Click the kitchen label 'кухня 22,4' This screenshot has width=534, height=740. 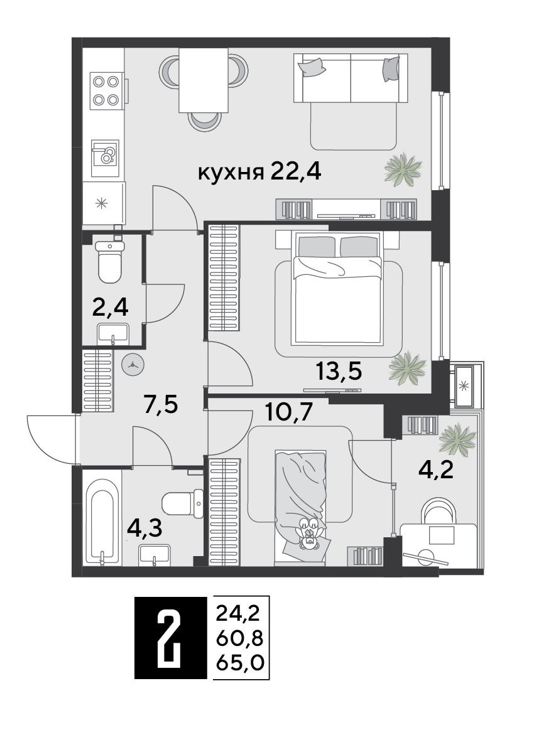(x=259, y=172)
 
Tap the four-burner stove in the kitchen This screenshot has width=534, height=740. (x=106, y=90)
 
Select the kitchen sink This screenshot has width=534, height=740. (x=105, y=154)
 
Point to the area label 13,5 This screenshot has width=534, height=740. (x=339, y=371)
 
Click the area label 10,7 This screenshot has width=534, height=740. (x=288, y=412)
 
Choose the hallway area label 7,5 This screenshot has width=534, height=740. (x=161, y=404)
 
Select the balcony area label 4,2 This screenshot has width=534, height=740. (x=436, y=469)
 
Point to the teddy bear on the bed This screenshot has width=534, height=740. (x=309, y=534)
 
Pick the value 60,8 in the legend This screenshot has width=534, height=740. (x=239, y=638)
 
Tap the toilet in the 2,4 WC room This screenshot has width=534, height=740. (x=110, y=262)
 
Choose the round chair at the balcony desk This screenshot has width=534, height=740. (x=439, y=510)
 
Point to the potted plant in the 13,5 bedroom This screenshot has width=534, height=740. (x=407, y=366)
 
